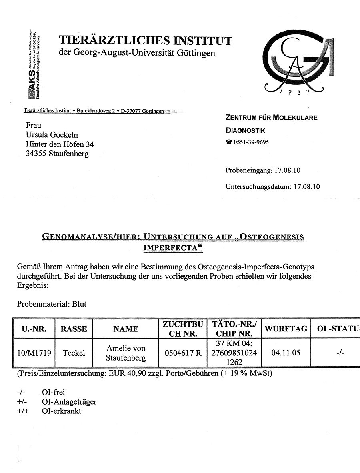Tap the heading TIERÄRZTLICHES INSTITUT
(145, 41)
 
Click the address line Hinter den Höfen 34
(60, 144)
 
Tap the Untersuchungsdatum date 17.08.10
(307, 186)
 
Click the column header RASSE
(74, 329)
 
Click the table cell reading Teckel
(74, 353)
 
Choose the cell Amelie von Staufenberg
(126, 353)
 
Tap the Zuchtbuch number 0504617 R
(183, 353)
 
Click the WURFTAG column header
(286, 329)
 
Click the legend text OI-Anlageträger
(69, 401)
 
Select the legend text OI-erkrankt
(61, 411)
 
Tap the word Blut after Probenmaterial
(79, 304)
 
